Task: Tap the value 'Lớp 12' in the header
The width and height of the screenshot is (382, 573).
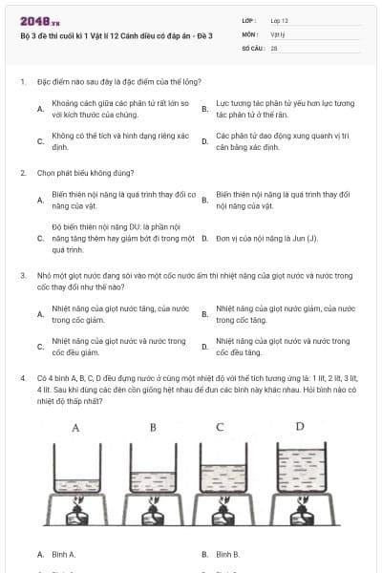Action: pyautogui.click(x=279, y=20)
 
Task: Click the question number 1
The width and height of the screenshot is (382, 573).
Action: pyautogui.click(x=22, y=81)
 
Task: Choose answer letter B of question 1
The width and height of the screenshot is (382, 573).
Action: pyautogui.click(x=204, y=109)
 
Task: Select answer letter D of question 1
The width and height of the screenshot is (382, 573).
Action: pyautogui.click(x=204, y=141)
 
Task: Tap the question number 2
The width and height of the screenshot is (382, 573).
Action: pyautogui.click(x=22, y=173)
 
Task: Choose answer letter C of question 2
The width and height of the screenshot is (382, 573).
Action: pyautogui.click(x=40, y=235)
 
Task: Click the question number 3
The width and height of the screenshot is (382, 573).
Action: pyautogui.click(x=22, y=274)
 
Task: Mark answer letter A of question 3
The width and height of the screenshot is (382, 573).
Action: pyautogui.click(x=40, y=313)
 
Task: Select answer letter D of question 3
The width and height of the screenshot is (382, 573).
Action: pyautogui.click(x=204, y=346)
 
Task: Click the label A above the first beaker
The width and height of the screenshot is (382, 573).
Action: pyautogui.click(x=75, y=427)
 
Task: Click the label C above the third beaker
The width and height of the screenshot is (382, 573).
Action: pyautogui.click(x=221, y=427)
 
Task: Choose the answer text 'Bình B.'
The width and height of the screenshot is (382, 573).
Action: pyautogui.click(x=228, y=554)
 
